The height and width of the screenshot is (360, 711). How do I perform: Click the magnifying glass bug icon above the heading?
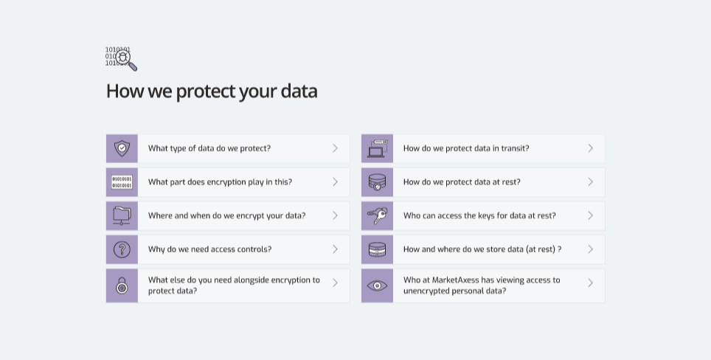click(121, 58)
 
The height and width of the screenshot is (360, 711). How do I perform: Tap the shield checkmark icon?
click(122, 148)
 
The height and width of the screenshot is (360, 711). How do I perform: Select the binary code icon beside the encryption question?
click(122, 182)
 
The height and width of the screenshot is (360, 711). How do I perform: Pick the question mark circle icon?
click(122, 249)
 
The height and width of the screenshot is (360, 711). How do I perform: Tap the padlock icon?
click(122, 285)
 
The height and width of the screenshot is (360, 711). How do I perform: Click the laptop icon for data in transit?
click(378, 149)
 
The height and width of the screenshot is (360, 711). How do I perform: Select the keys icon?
click(378, 216)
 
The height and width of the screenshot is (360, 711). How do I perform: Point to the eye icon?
click(378, 285)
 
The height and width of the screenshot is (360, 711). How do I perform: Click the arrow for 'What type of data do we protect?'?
click(335, 148)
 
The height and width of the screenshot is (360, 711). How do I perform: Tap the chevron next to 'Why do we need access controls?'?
click(335, 249)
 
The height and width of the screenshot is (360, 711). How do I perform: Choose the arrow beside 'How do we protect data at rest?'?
click(590, 181)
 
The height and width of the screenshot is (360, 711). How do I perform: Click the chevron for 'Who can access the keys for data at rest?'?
click(590, 215)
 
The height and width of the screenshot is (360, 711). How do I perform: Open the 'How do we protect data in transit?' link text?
click(466, 148)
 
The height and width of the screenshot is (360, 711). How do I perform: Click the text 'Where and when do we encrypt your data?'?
click(226, 216)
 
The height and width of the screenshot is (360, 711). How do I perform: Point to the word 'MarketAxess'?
click(455, 280)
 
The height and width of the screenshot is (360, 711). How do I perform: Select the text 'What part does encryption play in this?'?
click(220, 182)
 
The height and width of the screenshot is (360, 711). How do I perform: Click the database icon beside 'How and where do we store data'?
click(378, 249)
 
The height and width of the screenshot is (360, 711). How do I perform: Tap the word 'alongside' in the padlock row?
click(252, 280)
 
